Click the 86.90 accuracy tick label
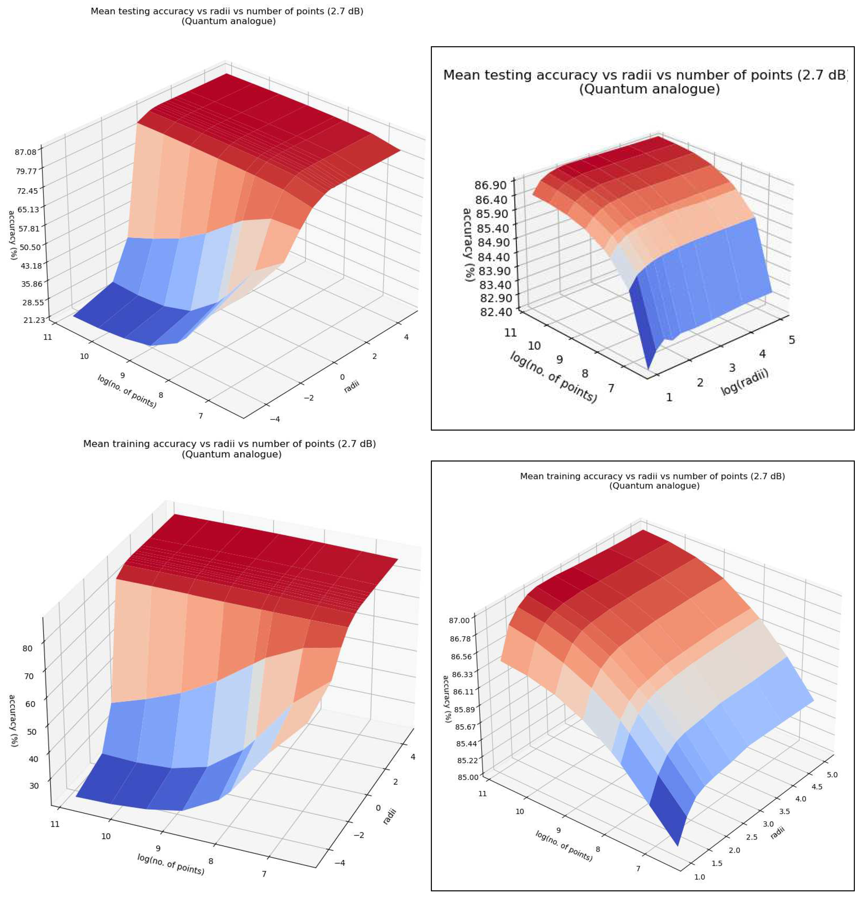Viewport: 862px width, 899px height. point(491,185)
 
